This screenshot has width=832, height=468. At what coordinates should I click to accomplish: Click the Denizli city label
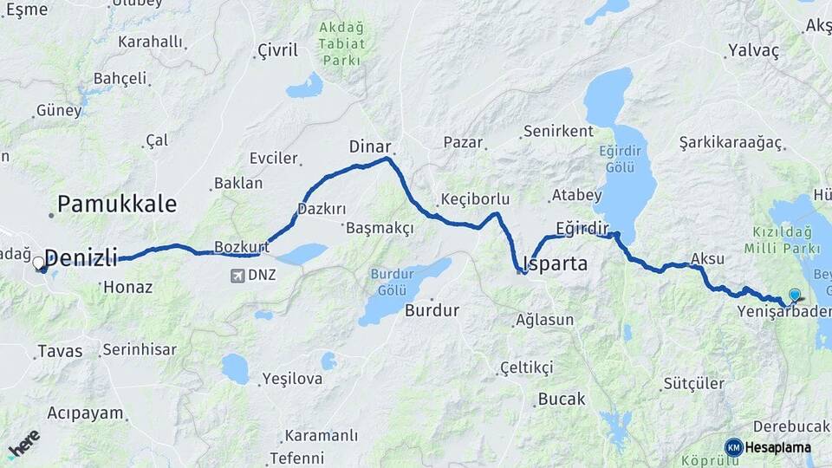[81, 257]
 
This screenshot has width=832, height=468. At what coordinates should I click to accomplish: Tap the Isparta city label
[556, 263]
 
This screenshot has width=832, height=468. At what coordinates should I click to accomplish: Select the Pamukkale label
[117, 205]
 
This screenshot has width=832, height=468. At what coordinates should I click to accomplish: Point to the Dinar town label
[370, 146]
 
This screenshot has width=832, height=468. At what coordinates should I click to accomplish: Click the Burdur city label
[432, 309]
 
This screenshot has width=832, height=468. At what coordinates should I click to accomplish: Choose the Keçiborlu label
[474, 199]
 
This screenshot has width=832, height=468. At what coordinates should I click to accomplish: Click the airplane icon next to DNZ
[237, 276]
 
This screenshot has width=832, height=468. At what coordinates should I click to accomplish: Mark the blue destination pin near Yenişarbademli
[794, 295]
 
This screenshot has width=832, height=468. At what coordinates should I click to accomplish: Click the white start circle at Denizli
[39, 262]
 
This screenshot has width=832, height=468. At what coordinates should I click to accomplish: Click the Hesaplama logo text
[777, 448]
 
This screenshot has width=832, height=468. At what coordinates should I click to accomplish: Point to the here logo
[24, 444]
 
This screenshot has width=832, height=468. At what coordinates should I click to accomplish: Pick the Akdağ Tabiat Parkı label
[342, 43]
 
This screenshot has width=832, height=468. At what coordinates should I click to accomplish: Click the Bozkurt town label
[242, 247]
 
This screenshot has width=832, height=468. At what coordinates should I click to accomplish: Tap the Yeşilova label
[292, 379]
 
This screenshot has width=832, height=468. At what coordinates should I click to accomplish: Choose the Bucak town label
[562, 400]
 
